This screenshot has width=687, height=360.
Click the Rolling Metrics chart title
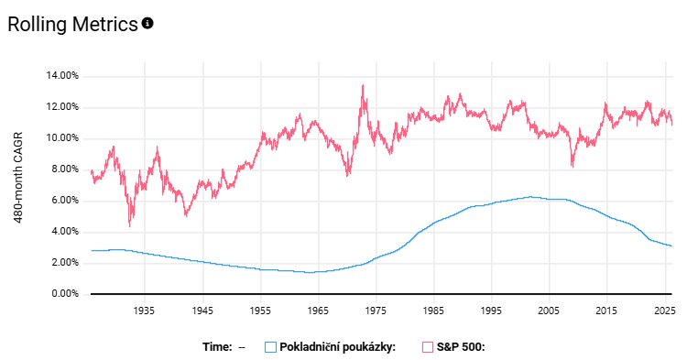click(72, 25)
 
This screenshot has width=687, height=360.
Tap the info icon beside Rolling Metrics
click(147, 23)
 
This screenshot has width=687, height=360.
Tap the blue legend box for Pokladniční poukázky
click(270, 347)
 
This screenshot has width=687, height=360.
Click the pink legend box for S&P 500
click(428, 347)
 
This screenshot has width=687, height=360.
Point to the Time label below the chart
click(217, 347)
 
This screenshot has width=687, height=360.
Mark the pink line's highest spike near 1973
click(363, 85)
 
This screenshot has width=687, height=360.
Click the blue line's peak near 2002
click(530, 196)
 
